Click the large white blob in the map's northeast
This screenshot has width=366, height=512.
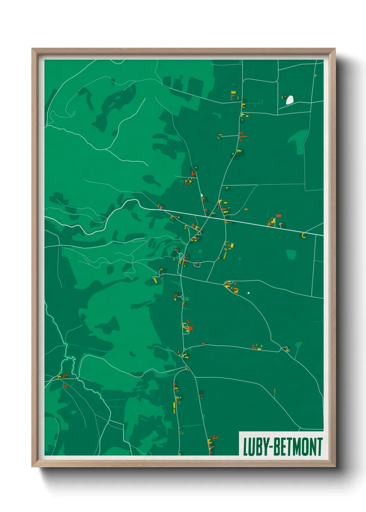click(290, 100)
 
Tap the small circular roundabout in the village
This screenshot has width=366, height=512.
click(181, 255)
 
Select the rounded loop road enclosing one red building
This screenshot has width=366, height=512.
click(197, 265)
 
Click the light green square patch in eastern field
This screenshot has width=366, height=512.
click(291, 254)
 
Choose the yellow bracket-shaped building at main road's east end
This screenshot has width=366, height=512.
click(303, 236)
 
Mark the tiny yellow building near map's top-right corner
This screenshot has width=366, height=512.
click(315, 75)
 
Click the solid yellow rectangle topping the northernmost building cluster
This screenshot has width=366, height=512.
click(233, 92)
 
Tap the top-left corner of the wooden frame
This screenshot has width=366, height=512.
click(32, 49)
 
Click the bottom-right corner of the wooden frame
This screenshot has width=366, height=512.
click(335, 466)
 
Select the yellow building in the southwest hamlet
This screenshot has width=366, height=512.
click(59, 376)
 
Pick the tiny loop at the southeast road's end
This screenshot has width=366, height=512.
click(287, 350)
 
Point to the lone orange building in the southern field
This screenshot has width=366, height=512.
click(275, 391)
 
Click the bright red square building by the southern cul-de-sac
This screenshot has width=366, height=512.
click(190, 328)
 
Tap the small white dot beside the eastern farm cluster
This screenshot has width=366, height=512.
click(248, 293)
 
